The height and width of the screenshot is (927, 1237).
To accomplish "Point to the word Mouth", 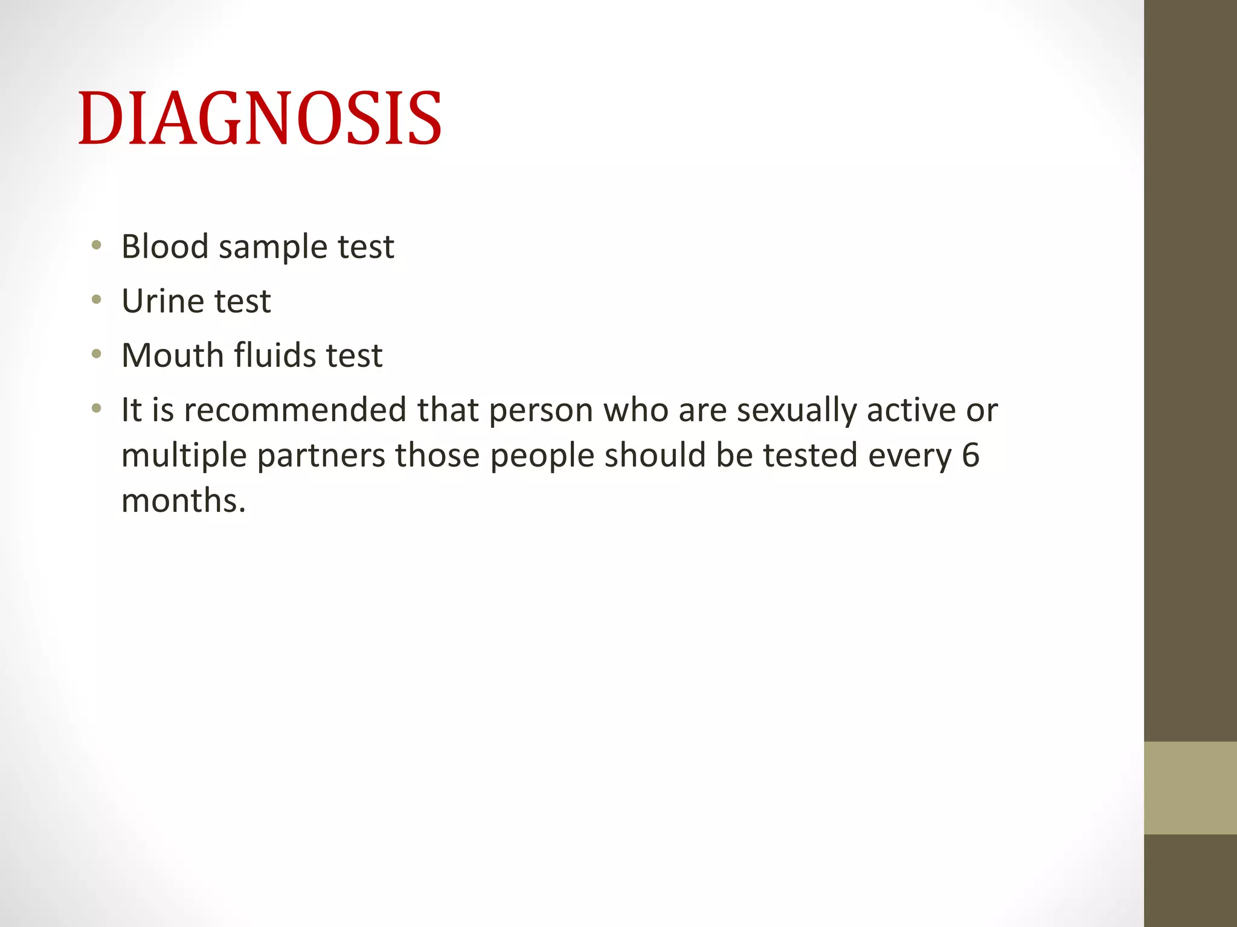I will (173, 355).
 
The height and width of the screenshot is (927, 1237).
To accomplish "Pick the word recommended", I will (295, 410).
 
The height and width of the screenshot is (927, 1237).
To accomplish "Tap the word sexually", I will (797, 411).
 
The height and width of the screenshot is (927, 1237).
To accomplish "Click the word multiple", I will (184, 456).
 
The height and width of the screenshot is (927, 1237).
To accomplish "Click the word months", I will (183, 500).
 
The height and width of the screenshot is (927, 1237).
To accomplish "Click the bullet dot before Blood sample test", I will (96, 246).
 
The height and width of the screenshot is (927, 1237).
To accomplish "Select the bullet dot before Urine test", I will (96, 300).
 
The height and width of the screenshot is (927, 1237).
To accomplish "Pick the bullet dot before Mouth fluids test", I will (96, 354).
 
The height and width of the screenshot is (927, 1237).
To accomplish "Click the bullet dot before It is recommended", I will (96, 409).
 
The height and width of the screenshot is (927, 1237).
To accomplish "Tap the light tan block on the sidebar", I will (1190, 788).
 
